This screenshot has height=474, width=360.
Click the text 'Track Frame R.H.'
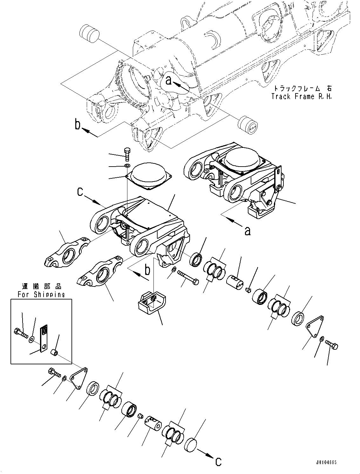pyautogui.click(x=301, y=97)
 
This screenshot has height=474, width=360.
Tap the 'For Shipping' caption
pyautogui.click(x=41, y=294)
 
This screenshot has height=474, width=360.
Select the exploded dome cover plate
pyautogui.click(x=149, y=176)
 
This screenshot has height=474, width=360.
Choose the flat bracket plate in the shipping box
pyautogui.click(x=44, y=338)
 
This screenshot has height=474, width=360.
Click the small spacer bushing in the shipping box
pyautogui.click(x=54, y=353)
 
